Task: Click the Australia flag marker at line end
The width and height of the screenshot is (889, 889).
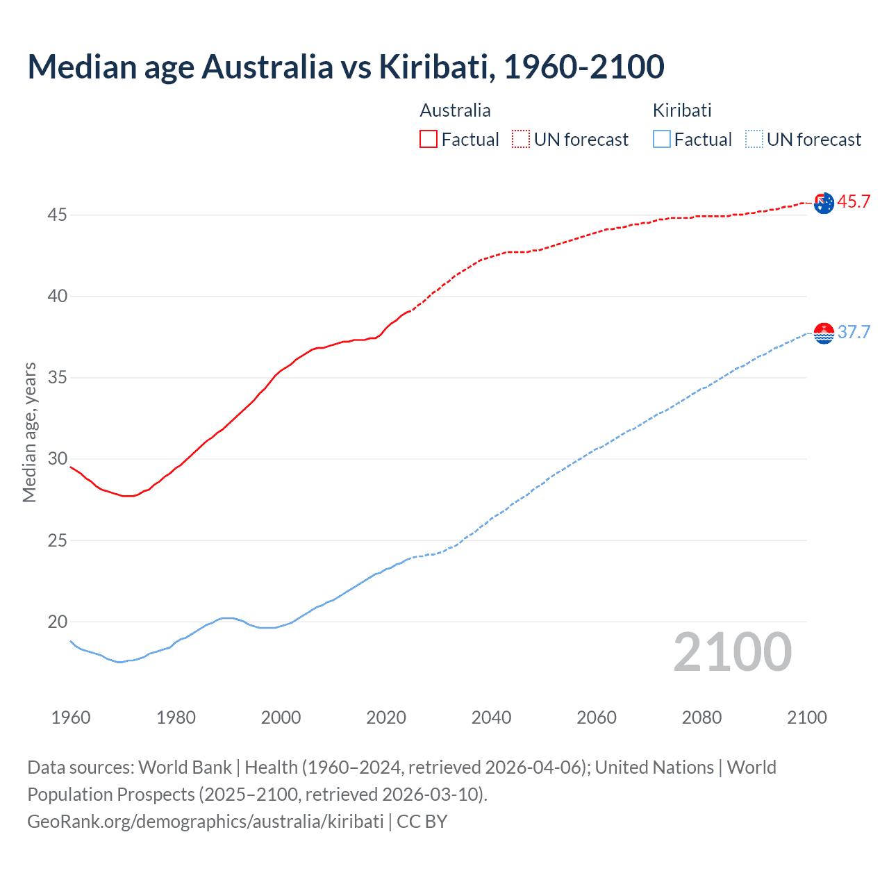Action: tap(824, 203)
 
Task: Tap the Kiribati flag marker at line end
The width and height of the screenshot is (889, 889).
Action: tap(824, 333)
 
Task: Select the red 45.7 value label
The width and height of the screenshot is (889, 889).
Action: tap(854, 202)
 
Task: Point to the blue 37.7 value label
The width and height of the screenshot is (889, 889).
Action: tap(854, 332)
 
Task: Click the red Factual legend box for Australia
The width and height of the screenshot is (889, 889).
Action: tap(429, 140)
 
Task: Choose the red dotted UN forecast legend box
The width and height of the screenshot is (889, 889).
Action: tap(521, 140)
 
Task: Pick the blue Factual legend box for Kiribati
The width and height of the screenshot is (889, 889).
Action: tap(662, 140)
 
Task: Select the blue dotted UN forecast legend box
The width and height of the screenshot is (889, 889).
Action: tap(754, 140)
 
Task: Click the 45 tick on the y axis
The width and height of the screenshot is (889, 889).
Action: tap(57, 215)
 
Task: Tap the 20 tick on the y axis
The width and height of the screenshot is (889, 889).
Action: tap(57, 622)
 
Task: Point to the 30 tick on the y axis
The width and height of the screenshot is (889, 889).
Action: tap(57, 459)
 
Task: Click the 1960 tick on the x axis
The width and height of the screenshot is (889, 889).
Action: tap(71, 717)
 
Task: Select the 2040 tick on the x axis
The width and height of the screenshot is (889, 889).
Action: tap(491, 717)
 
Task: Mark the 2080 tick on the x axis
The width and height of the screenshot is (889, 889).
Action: tap(701, 717)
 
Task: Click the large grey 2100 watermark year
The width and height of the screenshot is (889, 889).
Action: tap(733, 651)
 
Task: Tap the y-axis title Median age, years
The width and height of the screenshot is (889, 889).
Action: tap(29, 432)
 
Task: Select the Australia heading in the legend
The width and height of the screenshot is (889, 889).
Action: tap(455, 110)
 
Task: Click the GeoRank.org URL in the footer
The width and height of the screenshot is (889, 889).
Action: tap(206, 821)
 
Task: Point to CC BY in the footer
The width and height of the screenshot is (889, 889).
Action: tap(422, 821)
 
